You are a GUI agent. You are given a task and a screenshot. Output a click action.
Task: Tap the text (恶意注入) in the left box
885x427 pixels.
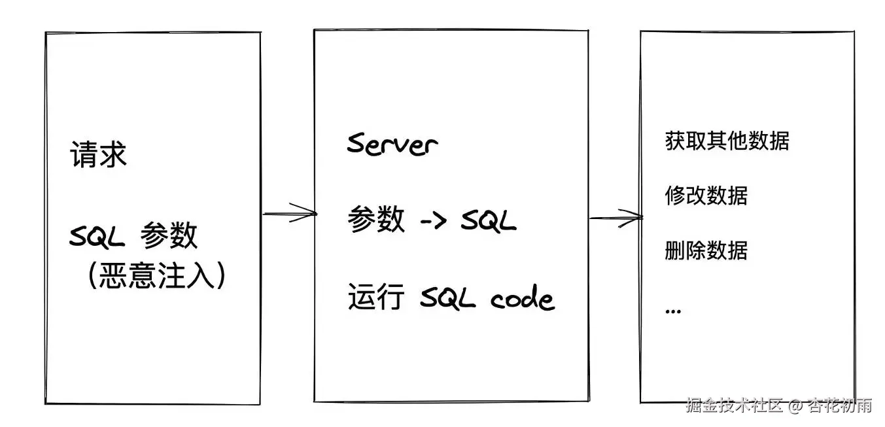[x=157, y=277]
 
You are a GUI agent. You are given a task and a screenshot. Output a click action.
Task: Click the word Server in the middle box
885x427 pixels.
[x=392, y=143]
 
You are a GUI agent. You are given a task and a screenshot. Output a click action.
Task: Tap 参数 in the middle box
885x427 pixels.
[x=376, y=220]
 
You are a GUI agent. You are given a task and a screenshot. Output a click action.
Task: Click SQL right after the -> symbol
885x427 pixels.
[x=488, y=221]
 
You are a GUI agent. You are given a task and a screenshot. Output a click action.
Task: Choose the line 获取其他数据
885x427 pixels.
[x=727, y=141]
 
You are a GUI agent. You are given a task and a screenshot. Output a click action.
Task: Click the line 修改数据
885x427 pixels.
[x=706, y=196]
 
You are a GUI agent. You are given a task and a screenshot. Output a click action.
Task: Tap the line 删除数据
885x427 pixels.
[x=706, y=250]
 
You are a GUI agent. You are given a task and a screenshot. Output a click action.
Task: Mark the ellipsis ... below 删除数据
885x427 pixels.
[x=672, y=311]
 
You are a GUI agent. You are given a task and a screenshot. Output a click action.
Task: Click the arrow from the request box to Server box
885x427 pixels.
[x=289, y=213]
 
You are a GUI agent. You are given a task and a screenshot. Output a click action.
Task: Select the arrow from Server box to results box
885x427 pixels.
[x=615, y=218]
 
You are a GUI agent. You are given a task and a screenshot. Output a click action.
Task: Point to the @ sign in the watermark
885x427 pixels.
[x=795, y=406]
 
